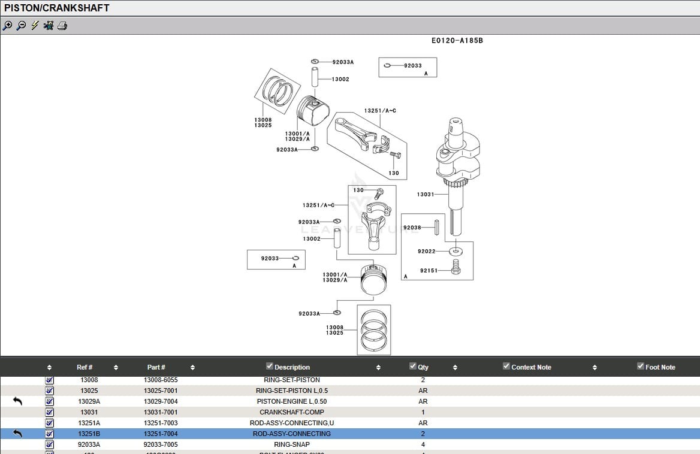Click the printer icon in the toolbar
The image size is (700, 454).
(x=62, y=26)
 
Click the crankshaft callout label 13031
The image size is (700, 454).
(x=425, y=194)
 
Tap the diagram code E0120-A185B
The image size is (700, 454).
(x=457, y=41)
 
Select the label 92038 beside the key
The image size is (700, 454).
(x=412, y=228)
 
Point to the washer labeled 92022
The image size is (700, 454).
(x=455, y=251)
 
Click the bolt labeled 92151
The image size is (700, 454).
(x=455, y=267)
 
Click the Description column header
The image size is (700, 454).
(x=292, y=367)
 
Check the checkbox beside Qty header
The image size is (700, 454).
(x=412, y=366)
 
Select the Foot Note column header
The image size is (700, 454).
(x=660, y=367)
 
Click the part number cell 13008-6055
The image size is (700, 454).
(x=161, y=380)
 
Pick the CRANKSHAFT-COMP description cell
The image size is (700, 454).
(x=291, y=412)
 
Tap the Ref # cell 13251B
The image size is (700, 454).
(x=89, y=434)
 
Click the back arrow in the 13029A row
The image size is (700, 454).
(x=17, y=401)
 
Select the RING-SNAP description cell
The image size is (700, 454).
(x=291, y=444)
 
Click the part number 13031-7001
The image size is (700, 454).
(x=161, y=412)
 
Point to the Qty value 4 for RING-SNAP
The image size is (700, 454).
(x=423, y=444)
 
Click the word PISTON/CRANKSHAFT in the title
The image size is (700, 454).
(x=57, y=8)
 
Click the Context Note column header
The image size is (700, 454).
(x=531, y=367)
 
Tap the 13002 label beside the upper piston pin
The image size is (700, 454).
(x=340, y=79)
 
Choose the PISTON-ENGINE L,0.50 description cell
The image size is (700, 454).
(x=291, y=401)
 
